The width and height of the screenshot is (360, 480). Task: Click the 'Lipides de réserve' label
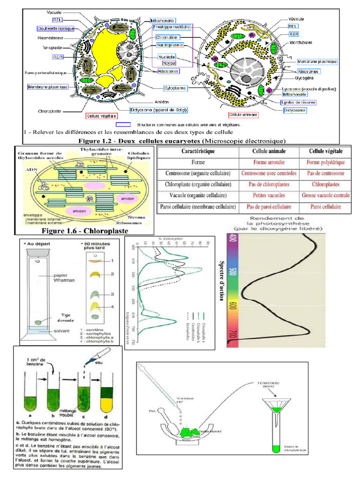(x=298, y=102)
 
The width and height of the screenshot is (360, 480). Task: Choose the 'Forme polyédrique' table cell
(x=326, y=162)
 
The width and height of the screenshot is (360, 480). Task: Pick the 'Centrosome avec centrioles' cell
(x=266, y=173)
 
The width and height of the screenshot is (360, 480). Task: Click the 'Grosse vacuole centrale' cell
(x=326, y=195)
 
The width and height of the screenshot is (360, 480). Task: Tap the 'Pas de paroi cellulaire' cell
(x=266, y=207)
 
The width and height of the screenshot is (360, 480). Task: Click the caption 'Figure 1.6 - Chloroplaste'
(x=85, y=231)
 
